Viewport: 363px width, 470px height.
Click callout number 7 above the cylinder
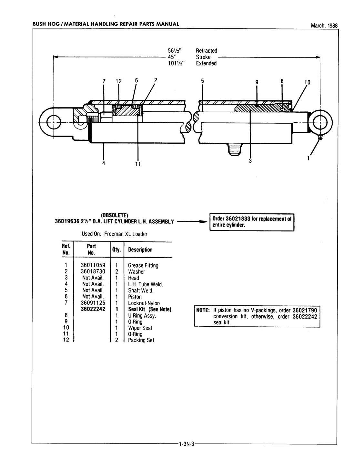pyautogui.click(x=104, y=81)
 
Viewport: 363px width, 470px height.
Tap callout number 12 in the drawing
pyautogui.click(x=119, y=81)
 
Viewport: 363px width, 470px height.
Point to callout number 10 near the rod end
pyautogui.click(x=307, y=82)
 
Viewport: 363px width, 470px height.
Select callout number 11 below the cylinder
pyautogui.click(x=138, y=164)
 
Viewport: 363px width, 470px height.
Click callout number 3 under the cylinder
pyautogui.click(x=250, y=161)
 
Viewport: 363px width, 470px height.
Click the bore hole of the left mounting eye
pyautogui.click(x=54, y=122)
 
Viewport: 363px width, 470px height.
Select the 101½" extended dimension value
pyautogui.click(x=176, y=63)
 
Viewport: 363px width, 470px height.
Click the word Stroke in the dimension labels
pyautogui.click(x=203, y=57)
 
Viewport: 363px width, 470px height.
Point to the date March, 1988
pyautogui.click(x=324, y=26)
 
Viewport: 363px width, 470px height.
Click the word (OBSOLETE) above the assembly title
pyautogui.click(x=115, y=215)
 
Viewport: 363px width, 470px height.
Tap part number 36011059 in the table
pyautogui.click(x=93, y=265)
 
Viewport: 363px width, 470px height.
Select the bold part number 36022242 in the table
pyautogui.click(x=93, y=309)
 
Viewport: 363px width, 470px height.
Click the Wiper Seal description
pyautogui.click(x=140, y=328)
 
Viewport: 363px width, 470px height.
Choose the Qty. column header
pyautogui.click(x=117, y=250)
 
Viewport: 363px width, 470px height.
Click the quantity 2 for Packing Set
pyautogui.click(x=116, y=340)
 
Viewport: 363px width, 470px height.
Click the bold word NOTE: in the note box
pyautogui.click(x=203, y=311)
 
